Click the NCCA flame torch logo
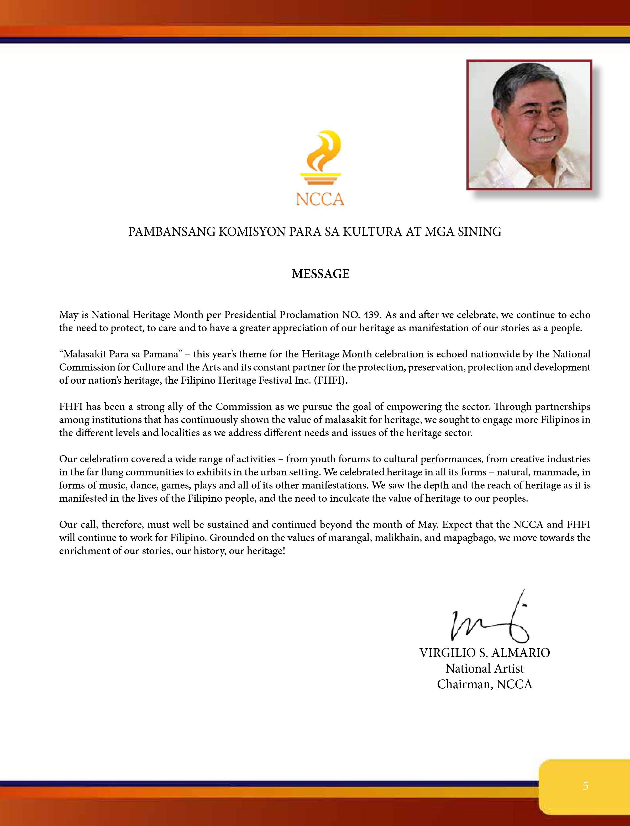click(320, 158)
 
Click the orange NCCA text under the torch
click(320, 199)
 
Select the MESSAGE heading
click(320, 274)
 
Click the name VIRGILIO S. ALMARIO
click(485, 653)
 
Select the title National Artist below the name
click(485, 669)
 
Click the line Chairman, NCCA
click(485, 684)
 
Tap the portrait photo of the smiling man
click(529, 125)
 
